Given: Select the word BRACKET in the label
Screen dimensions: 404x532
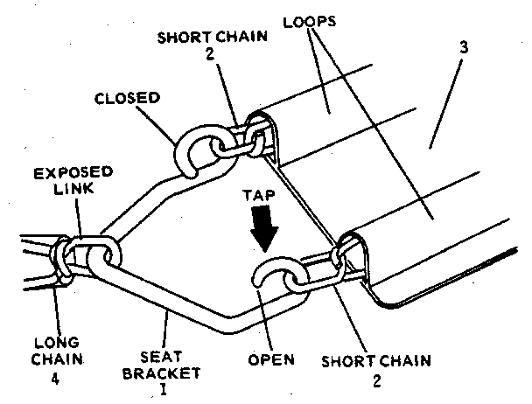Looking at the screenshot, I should (170, 373).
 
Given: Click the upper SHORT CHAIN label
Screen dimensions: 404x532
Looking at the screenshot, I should (198, 40).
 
